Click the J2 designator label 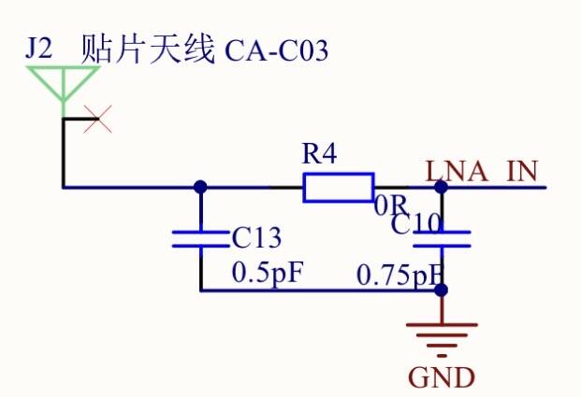(41, 49)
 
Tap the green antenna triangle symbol (63, 83)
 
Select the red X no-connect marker (98, 119)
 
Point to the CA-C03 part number (277, 50)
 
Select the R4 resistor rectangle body (339, 187)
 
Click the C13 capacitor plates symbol (200, 238)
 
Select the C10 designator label (416, 225)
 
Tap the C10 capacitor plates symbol (443, 238)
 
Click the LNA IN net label (482, 172)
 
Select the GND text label (442, 378)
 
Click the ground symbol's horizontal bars (443, 336)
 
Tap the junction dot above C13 (200, 187)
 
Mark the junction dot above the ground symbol (443, 291)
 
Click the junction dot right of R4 (443, 187)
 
